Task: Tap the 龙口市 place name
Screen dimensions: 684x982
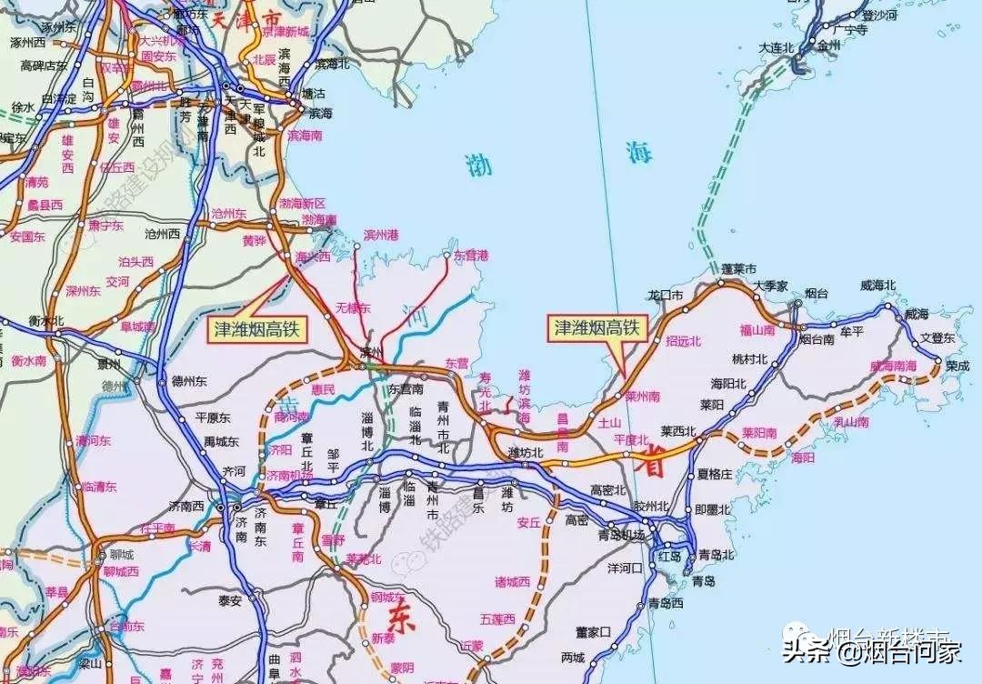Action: click(665, 295)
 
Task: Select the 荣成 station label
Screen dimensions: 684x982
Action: click(957, 367)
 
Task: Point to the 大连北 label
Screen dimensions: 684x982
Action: click(777, 46)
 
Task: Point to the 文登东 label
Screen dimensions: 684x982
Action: click(937, 337)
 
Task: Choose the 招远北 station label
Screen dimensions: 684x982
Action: click(684, 341)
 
